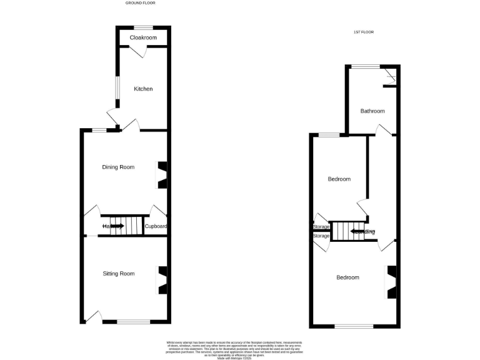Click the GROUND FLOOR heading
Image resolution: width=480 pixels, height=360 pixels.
pyautogui.click(x=140, y=3)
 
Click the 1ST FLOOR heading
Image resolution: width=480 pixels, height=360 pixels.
pyautogui.click(x=365, y=32)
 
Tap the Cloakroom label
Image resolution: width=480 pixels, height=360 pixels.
pyautogui.click(x=143, y=38)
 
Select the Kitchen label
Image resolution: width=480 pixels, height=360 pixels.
pyautogui.click(x=143, y=89)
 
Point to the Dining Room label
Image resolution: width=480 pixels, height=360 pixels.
pyautogui.click(x=119, y=167)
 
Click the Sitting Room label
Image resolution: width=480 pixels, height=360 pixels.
pyautogui.click(x=119, y=274)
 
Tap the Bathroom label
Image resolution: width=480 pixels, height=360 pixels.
pyautogui.click(x=372, y=111)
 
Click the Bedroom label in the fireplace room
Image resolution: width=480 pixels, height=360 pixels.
pyautogui.click(x=347, y=277)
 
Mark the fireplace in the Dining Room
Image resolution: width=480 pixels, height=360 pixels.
pyautogui.click(x=162, y=175)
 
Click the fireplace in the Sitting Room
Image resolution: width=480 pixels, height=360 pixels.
pyautogui.click(x=162, y=281)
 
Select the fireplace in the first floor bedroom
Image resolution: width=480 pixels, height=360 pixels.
pyautogui.click(x=391, y=282)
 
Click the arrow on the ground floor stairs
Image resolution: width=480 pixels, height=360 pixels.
pyautogui.click(x=117, y=226)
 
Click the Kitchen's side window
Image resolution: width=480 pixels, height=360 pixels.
pyautogui.click(x=116, y=87)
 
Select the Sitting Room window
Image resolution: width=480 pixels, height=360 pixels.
pyautogui.click(x=133, y=322)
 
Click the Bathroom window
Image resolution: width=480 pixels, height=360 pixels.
pyautogui.click(x=365, y=66)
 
